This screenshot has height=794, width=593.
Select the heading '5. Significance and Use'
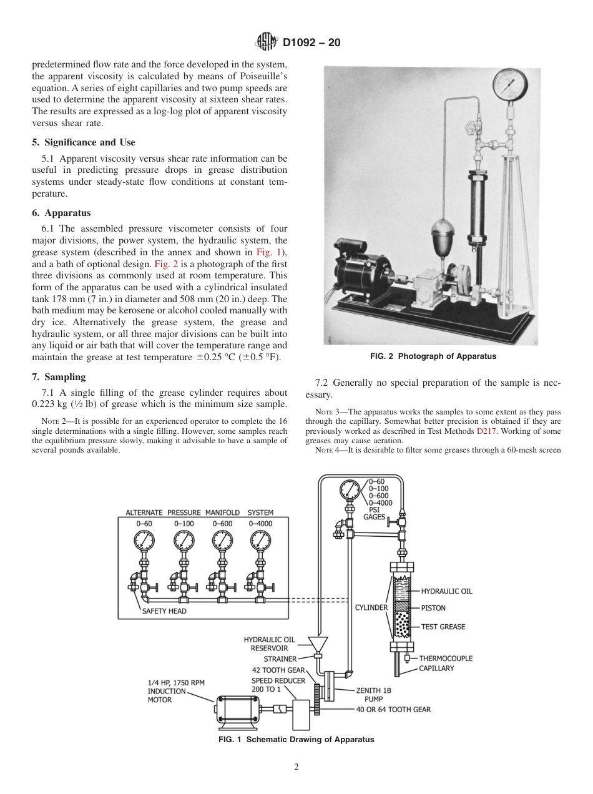(83, 142)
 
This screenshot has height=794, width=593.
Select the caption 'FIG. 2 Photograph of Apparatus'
(433, 356)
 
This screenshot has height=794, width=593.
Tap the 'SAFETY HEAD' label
(164, 611)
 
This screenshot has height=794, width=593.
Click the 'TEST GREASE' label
(443, 627)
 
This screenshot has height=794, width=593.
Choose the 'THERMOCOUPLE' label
(446, 658)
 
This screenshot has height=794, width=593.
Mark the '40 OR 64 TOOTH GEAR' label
(393, 709)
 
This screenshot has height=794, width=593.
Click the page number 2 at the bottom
(296, 767)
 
